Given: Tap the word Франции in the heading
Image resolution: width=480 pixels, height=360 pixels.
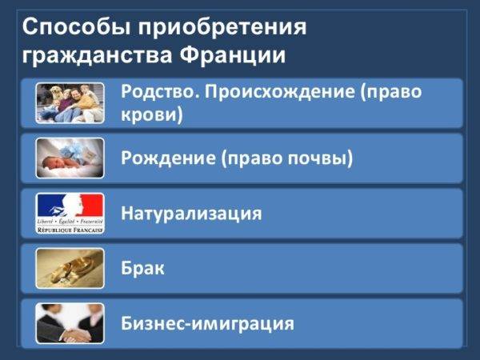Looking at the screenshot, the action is point(233,55).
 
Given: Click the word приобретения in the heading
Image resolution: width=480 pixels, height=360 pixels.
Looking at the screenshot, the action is point(222,28).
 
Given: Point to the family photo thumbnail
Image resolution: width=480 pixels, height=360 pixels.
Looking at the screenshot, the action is point(70,103).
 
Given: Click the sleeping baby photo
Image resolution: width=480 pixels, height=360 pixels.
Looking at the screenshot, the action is point(70,158).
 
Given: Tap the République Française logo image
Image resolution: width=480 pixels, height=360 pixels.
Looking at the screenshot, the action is point(70,213).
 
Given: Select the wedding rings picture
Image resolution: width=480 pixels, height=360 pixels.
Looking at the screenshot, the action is point(70,269).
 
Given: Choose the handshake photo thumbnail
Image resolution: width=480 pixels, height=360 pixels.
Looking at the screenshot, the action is point(70,323).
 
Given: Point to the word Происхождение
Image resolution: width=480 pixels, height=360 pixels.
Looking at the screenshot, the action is point(279,92).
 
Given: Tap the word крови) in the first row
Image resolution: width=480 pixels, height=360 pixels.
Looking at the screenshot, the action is point(152,114).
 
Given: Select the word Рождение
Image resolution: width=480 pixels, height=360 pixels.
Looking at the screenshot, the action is point(168,158).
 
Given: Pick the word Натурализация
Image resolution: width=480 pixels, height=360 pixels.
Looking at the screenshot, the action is point(192,214).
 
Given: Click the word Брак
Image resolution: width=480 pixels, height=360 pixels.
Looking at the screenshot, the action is point(142,268).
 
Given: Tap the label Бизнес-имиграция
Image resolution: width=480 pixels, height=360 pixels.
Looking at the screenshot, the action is point(207,323).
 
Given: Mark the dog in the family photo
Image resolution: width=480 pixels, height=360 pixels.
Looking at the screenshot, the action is point(57,92).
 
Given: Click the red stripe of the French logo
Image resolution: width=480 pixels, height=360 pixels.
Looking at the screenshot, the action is point(93,205).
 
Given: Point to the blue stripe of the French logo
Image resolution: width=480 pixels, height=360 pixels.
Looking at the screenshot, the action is point(49,205).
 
